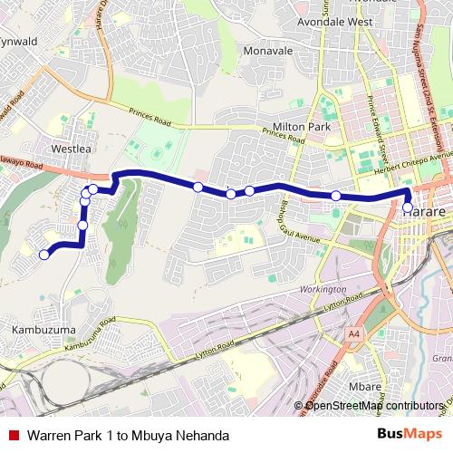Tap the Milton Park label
pyautogui.click(x=304, y=128)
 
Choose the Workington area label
pyautogui.click(x=321, y=289)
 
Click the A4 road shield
pyautogui.click(x=354, y=333)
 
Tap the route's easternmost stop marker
pyautogui.click(x=407, y=207)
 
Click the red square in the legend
pyautogui.click(x=14, y=435)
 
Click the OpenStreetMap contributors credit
pyautogui.click(x=373, y=405)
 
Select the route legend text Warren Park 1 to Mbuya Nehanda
pyautogui.click(x=127, y=435)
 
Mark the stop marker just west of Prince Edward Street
pyautogui.click(x=336, y=196)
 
